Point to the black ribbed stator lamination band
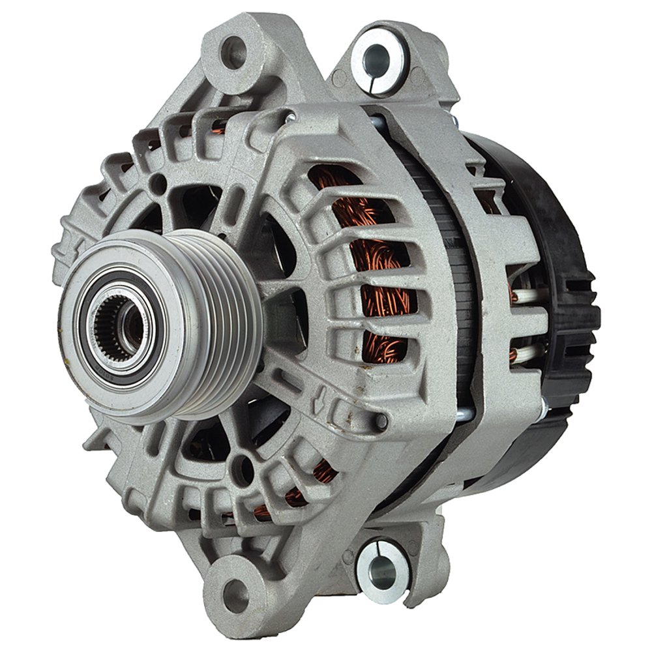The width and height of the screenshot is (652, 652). pos(450,274)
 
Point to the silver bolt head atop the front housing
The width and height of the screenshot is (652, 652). pos(289,117)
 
